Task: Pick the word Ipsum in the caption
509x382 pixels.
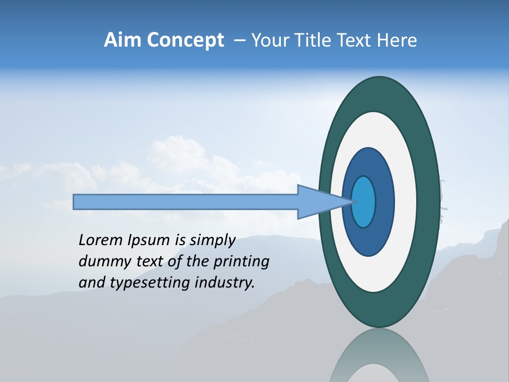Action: pyautogui.click(x=147, y=240)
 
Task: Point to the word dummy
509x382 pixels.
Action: pyautogui.click(x=100, y=262)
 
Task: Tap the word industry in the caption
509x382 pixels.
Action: pyautogui.click(x=224, y=283)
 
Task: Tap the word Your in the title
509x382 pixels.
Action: pyautogui.click(x=267, y=40)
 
